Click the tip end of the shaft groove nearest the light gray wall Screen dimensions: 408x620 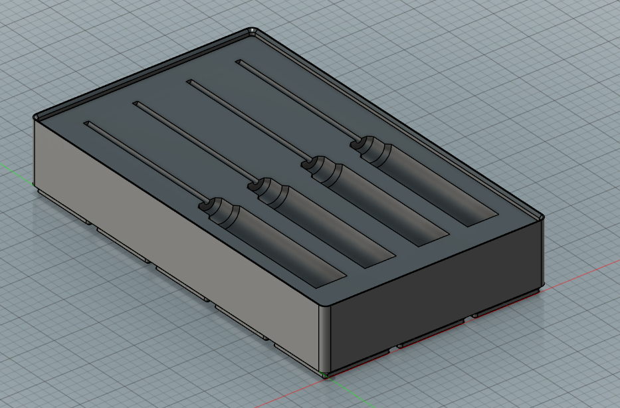pos(86,124)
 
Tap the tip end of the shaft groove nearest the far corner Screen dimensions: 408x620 pos(240,62)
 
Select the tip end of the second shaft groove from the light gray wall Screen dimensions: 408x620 pos(137,104)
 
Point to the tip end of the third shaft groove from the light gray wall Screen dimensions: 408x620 pos(190,82)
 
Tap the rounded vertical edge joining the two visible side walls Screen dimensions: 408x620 pos(325,339)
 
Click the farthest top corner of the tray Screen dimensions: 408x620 pos(253,31)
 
